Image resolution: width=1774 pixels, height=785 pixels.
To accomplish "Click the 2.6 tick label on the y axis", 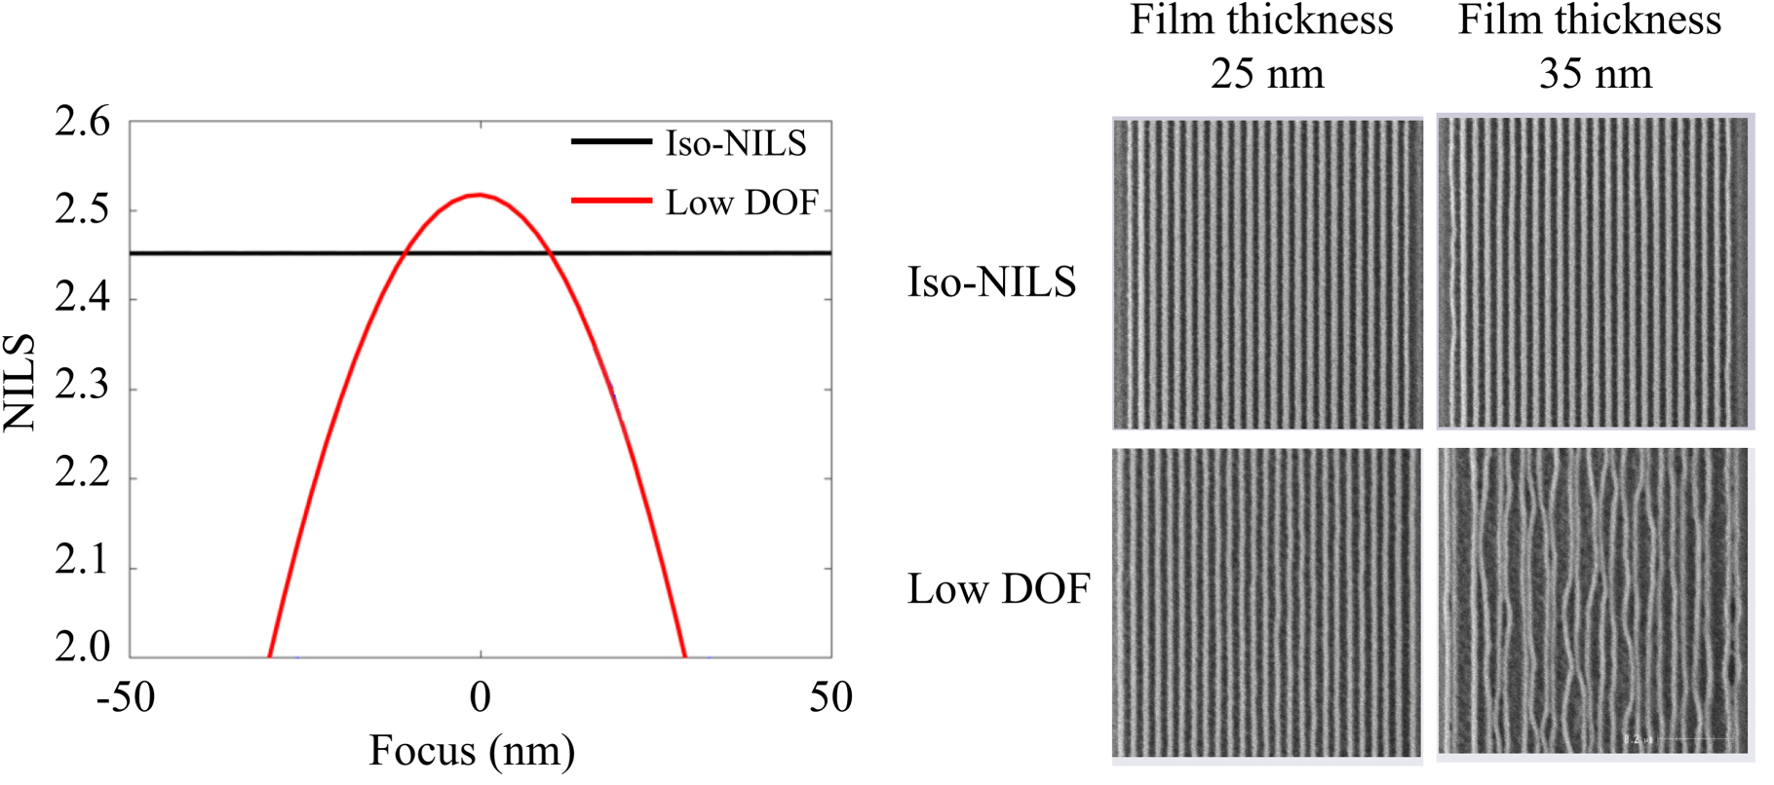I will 82,124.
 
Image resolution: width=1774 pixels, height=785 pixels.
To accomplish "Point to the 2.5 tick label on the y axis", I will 82,210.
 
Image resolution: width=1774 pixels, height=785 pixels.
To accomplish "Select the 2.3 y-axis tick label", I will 82,387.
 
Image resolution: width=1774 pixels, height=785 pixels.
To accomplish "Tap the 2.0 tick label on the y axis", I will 82,647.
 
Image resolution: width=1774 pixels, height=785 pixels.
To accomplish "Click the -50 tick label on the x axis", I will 126,697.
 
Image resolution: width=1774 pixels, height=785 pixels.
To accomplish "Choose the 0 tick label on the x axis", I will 480,697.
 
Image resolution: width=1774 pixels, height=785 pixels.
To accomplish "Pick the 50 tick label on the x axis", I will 830,697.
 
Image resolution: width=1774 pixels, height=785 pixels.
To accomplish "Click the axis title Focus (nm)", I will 472,751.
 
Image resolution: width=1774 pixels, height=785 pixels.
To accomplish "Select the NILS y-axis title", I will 20,382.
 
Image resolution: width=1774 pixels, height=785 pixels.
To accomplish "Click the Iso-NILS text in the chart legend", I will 736,144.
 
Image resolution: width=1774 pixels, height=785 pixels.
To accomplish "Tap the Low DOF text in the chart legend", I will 742,203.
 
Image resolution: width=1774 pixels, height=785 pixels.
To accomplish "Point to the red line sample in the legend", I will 611,201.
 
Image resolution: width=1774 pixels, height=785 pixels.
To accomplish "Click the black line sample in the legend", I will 611,142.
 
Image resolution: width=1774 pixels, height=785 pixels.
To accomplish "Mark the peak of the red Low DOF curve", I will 479,195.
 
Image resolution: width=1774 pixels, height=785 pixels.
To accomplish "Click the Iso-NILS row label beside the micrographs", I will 991,282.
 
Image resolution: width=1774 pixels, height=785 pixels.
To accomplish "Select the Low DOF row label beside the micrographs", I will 998,589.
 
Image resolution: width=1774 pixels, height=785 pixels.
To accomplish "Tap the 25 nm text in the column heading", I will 1267,74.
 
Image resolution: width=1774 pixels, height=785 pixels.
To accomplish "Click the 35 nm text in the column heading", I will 1596,74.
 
